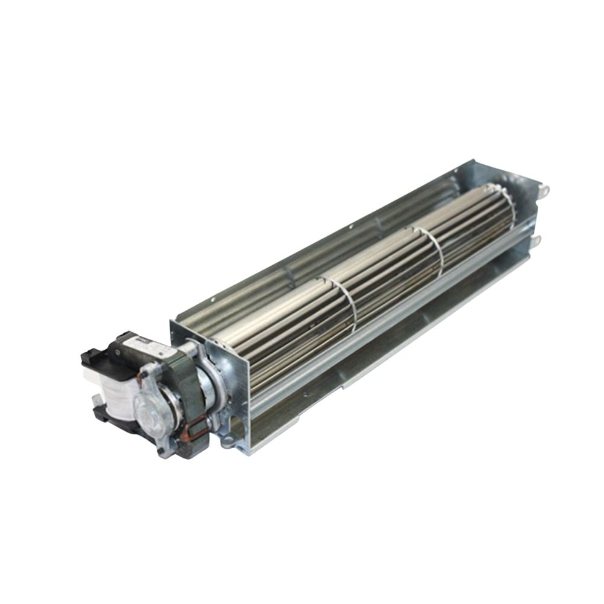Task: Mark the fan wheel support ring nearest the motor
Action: coord(344,302)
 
